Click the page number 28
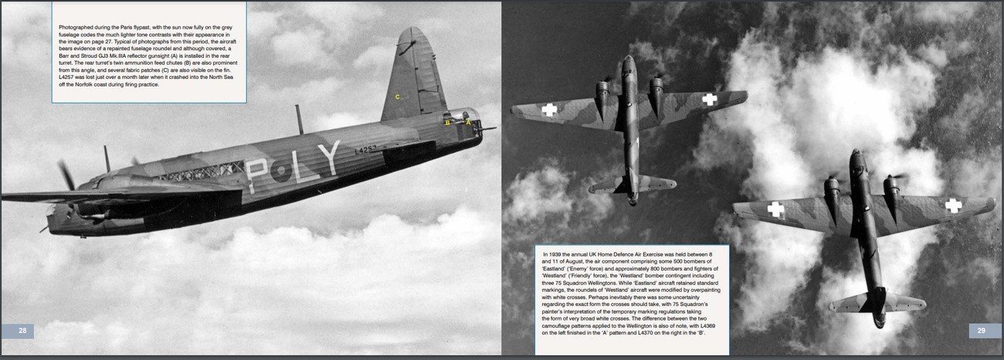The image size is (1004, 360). pos(22,331)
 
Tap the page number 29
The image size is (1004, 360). pos(981,331)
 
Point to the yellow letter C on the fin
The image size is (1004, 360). pos(398,97)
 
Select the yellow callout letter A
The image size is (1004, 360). pos(467,121)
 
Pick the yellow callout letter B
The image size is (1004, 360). pos(447,122)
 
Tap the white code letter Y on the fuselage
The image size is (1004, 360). pos(328,158)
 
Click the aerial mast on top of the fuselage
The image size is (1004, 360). pos(298,119)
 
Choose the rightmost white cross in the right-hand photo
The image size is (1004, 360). pos(954,205)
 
